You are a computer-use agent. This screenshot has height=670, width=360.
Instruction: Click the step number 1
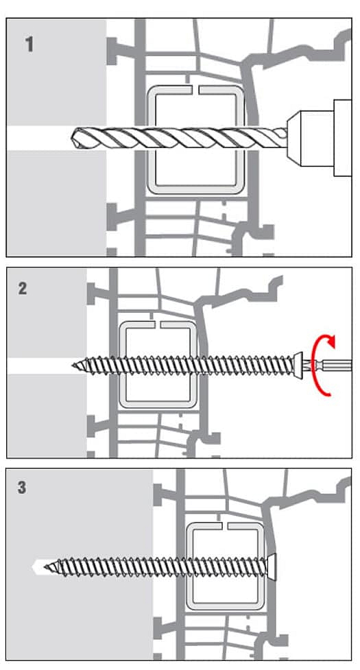29,45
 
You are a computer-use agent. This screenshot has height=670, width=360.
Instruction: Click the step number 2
23,289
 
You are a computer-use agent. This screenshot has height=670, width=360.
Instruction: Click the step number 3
22,487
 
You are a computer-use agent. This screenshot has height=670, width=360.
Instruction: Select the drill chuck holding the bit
311,138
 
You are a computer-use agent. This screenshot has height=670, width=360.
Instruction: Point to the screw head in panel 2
298,364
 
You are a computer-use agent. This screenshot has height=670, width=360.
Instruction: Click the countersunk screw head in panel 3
272,566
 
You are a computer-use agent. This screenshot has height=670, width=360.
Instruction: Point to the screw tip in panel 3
46,567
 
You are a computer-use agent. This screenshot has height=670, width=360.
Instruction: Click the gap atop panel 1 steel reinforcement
194,90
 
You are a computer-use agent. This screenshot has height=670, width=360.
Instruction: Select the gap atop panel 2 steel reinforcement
157,325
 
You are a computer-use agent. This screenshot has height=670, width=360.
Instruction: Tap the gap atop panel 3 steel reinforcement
224,525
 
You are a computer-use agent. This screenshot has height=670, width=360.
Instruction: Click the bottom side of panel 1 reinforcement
194,189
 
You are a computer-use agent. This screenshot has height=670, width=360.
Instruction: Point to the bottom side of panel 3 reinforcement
225,606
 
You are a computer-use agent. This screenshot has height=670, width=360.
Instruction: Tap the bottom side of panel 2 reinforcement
157,404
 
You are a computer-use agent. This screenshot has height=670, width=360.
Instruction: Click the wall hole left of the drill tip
39,138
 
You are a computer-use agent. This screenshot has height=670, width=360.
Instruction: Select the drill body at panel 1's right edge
342,138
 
